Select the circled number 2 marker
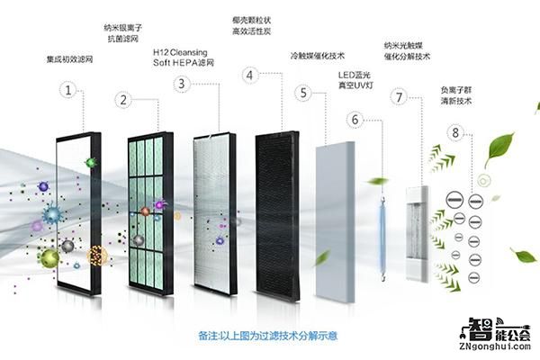click(125, 100)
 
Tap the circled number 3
click(183, 84)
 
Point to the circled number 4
click(249, 76)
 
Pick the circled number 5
click(305, 92)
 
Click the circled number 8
click(456, 132)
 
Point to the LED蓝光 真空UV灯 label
click(355, 80)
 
